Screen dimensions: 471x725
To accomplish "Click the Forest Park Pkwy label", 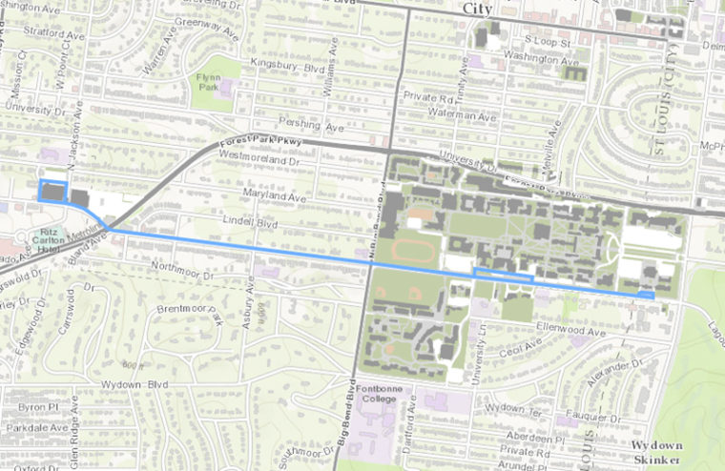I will (x=246, y=147).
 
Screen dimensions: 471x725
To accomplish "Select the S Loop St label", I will (x=548, y=42).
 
